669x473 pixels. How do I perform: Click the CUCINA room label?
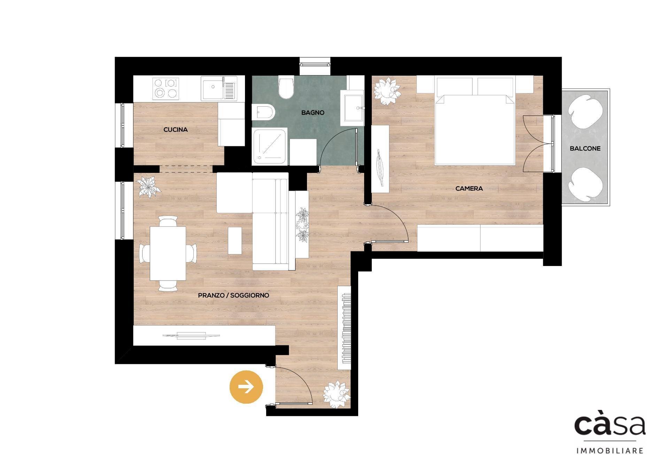176,130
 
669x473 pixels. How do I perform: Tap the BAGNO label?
313,113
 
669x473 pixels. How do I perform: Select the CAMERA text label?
469,189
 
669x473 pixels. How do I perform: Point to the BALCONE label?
585,148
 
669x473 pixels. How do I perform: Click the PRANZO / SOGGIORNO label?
233,295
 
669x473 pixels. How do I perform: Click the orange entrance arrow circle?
246,387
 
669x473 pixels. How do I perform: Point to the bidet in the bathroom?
263,112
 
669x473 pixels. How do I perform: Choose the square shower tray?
270,146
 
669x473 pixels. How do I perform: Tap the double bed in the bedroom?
474,129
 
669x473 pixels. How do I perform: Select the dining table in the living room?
168,253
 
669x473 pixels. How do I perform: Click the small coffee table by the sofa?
235,241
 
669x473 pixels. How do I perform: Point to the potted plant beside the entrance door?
336,394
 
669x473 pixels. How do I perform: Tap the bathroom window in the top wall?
315,64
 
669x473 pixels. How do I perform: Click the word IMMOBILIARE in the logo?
610,451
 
